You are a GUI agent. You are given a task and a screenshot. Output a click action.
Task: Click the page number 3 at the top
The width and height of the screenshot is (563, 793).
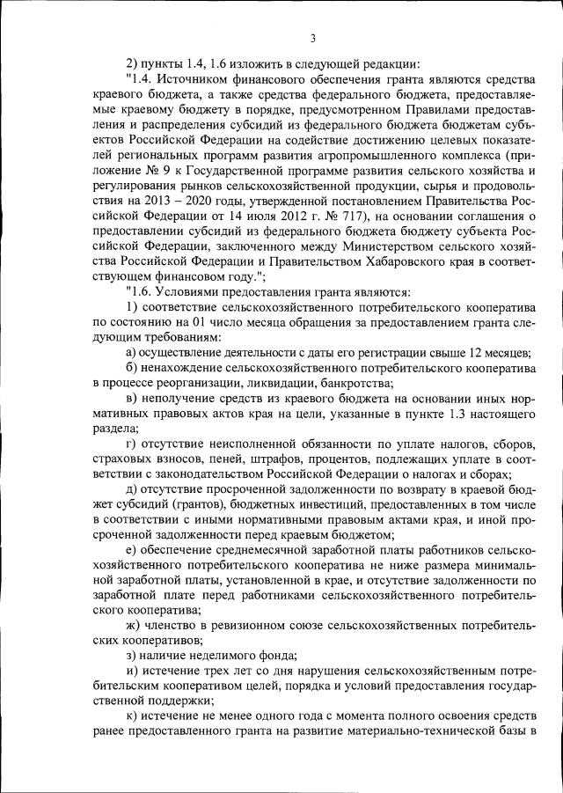click(313, 37)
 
